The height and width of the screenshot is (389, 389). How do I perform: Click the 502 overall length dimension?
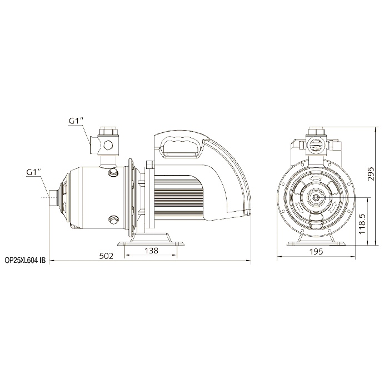point(106,256)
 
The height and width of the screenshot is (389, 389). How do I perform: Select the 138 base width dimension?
point(151,251)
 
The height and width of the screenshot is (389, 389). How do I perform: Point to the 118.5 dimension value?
point(362,223)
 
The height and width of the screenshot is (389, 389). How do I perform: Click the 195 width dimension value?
point(317,252)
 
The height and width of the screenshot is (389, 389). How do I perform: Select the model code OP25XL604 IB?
point(26,261)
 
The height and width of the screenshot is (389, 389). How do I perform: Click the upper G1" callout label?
point(76,121)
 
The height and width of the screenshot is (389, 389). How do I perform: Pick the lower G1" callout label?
point(33,172)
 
